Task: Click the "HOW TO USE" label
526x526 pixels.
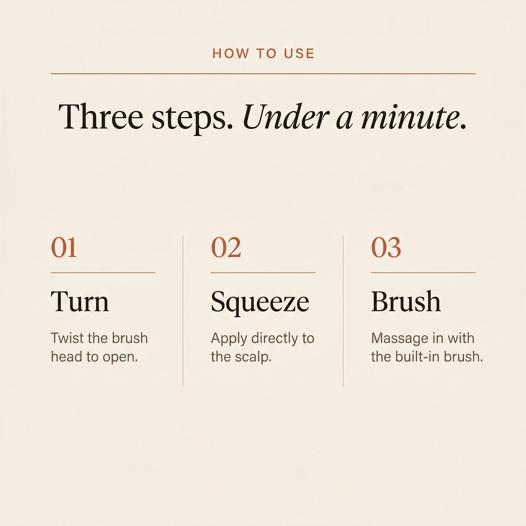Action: pos(263,53)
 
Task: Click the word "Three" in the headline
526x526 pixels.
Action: pos(101,116)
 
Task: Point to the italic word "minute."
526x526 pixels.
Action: pos(414,117)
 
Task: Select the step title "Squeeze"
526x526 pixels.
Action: pos(260,303)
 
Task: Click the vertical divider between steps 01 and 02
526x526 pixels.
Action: pos(183,311)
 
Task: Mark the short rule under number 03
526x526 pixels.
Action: pos(423,272)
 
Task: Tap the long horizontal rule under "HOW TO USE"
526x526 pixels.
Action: pos(263,74)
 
